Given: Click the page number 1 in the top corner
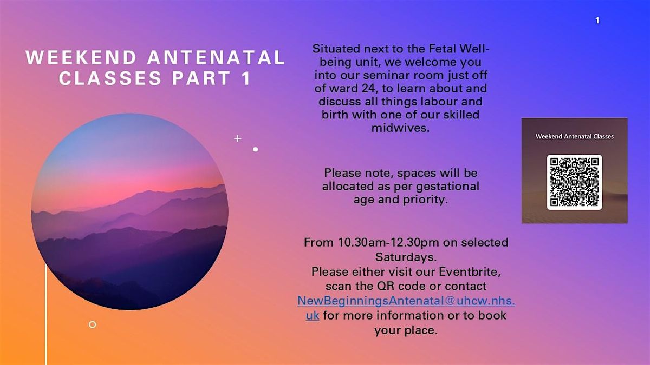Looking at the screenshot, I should [x=597, y=21].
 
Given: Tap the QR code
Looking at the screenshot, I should [x=574, y=182].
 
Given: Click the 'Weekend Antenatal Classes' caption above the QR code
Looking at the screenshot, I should [x=574, y=136].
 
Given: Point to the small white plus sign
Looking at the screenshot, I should [x=237, y=138].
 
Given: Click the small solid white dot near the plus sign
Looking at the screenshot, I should [x=255, y=149].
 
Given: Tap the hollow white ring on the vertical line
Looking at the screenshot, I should [x=92, y=324].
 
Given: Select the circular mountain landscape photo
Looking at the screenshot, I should [x=129, y=211].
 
